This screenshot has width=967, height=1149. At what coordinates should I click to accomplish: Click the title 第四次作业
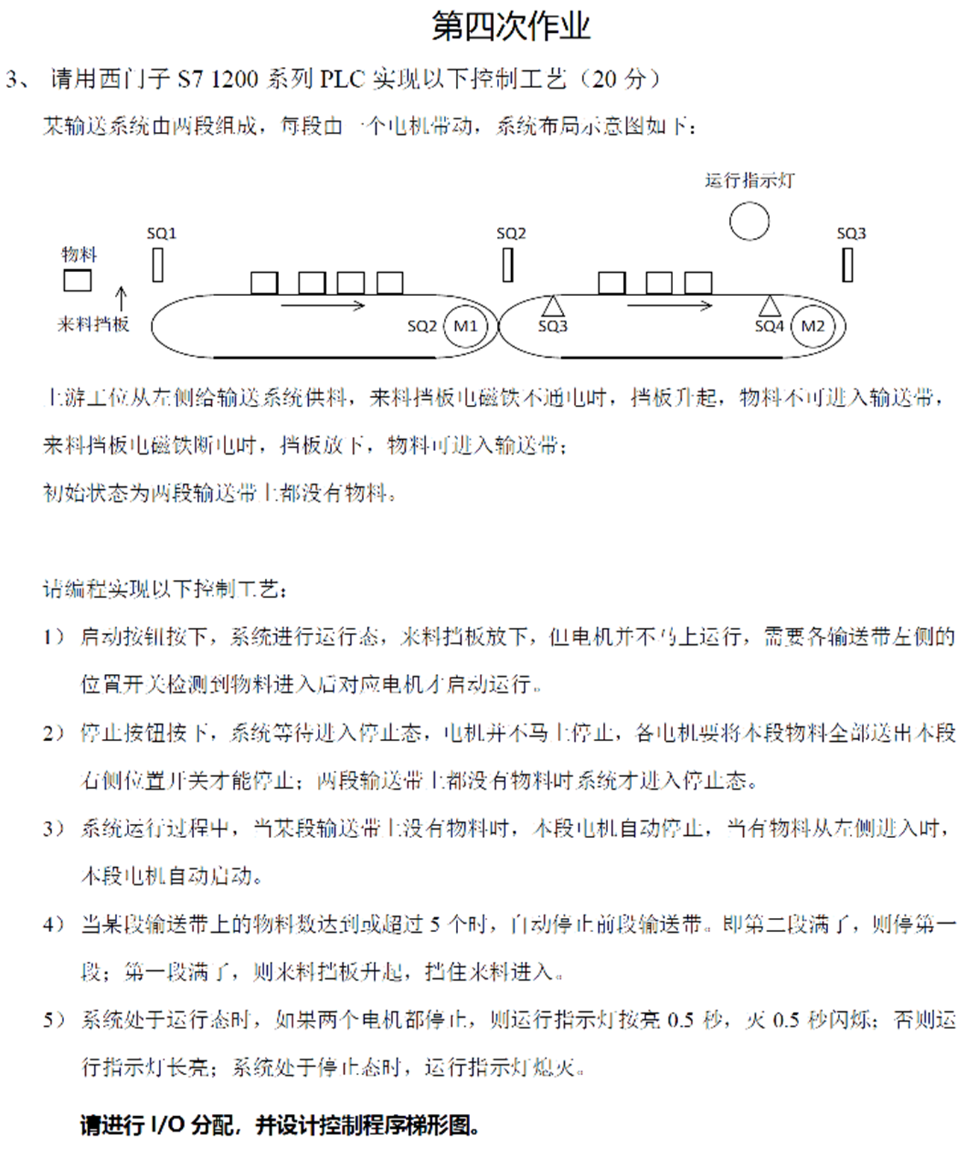[x=511, y=27]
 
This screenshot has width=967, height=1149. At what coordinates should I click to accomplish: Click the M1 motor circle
[x=465, y=326]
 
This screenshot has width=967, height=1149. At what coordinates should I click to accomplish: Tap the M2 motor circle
[x=813, y=326]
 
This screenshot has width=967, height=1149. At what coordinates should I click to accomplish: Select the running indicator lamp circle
[x=749, y=221]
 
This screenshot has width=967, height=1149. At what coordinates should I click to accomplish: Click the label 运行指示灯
[x=749, y=180]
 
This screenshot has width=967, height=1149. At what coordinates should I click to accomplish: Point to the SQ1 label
[x=161, y=233]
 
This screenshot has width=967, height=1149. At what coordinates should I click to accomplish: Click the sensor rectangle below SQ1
[x=157, y=265]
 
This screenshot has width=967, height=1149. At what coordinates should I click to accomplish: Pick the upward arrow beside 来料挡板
[x=121, y=298]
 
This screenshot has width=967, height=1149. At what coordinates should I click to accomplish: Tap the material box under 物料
[x=78, y=281]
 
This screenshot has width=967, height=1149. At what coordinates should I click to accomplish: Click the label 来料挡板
[x=93, y=324]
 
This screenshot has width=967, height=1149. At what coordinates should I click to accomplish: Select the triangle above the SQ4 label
[x=770, y=306]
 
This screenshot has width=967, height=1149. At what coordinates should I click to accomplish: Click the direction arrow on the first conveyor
[x=322, y=305]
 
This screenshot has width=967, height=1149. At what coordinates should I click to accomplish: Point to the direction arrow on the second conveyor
[x=669, y=305]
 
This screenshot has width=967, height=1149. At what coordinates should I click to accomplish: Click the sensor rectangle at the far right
[x=848, y=265]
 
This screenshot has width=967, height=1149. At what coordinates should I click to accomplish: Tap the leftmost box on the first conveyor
[x=264, y=283]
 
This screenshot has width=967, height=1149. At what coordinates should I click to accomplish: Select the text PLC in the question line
[x=342, y=79]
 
